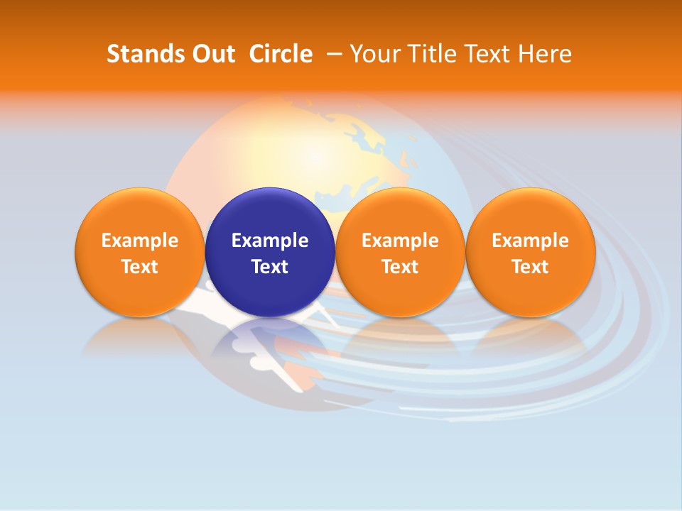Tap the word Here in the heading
pos(544,54)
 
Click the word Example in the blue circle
pos(270,241)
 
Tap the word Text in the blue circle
pos(270,267)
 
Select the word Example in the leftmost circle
pos(139,241)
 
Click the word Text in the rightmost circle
pos(530,267)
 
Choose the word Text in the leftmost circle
pos(139,267)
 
